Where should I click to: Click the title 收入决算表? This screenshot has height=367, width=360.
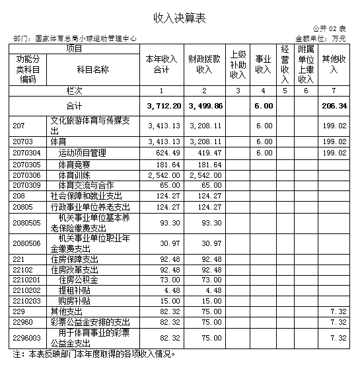pyautogui.click(x=180, y=18)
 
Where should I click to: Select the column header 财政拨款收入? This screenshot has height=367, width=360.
pyautogui.click(x=205, y=64)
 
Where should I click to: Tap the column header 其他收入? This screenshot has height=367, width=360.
pyautogui.click(x=334, y=64)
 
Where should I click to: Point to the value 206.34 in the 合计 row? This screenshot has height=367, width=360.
pyautogui.click(x=334, y=106)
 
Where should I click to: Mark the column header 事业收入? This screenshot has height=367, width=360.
pyautogui.click(x=264, y=64)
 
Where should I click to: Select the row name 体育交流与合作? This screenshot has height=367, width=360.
pyautogui.click(x=86, y=185)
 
